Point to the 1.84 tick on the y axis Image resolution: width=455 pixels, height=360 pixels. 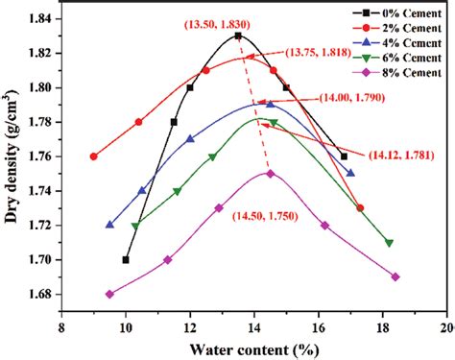click(38, 18)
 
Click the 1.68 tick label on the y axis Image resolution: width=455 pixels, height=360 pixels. click(38, 294)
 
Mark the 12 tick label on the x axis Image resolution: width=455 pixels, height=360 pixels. click(190, 326)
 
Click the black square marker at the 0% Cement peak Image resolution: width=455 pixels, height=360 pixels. click(238, 36)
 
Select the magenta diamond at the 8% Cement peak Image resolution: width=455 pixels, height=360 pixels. click(271, 174)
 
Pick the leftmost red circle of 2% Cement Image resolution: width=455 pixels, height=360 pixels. click(93, 156)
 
